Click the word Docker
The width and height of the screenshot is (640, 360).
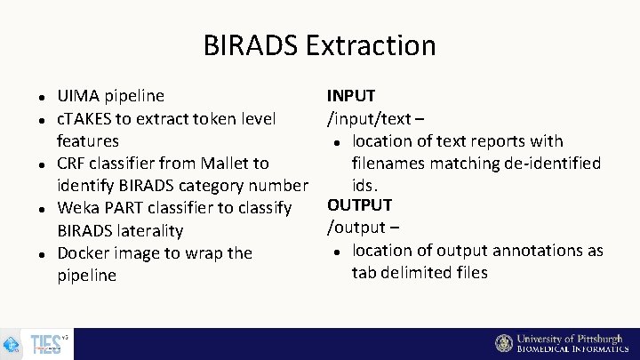coord(86,253)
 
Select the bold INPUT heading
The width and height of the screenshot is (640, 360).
coord(351,96)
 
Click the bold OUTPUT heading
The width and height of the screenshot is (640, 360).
coord(359,205)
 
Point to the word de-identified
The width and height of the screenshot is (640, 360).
coord(548,164)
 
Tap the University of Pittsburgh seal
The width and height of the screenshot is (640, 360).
coord(504,344)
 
